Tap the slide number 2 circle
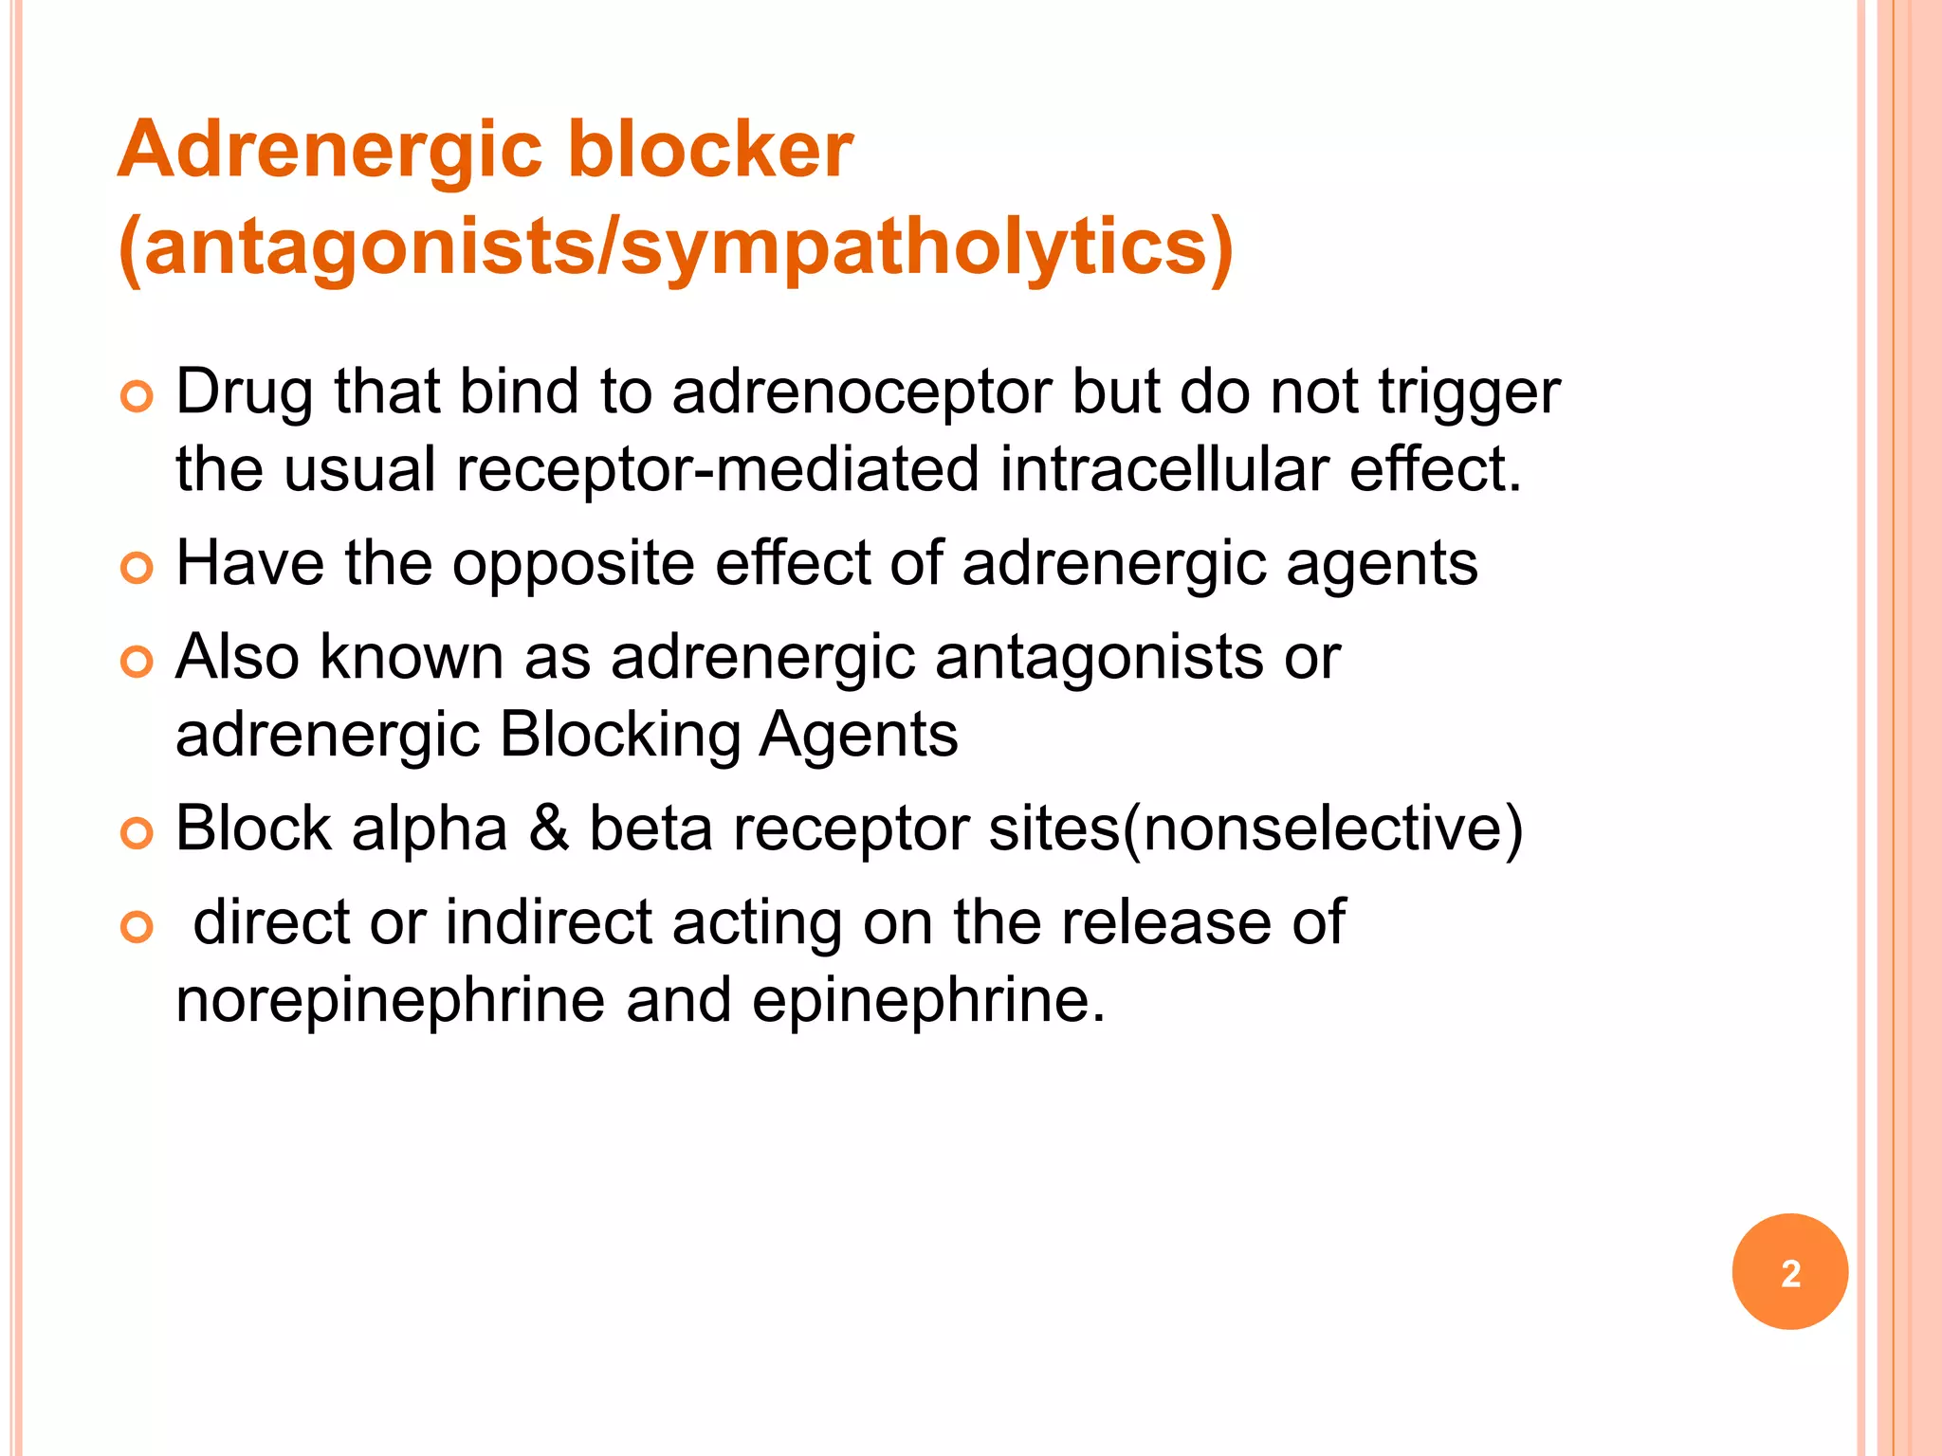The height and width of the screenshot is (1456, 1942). [x=1789, y=1272]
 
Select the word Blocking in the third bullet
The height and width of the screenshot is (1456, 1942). [x=620, y=736]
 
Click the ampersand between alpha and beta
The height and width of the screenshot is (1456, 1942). [x=549, y=828]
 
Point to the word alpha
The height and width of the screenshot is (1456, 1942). [x=430, y=830]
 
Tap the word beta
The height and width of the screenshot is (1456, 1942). [x=650, y=828]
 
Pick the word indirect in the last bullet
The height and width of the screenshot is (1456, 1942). [x=548, y=922]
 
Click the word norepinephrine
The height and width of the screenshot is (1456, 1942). [x=390, y=1001]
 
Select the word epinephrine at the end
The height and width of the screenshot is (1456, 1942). [x=928, y=1001]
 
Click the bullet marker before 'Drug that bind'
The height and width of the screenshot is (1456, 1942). [x=137, y=397]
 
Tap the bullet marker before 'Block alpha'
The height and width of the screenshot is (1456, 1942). [x=137, y=833]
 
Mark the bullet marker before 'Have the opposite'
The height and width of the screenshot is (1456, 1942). [x=137, y=569]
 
